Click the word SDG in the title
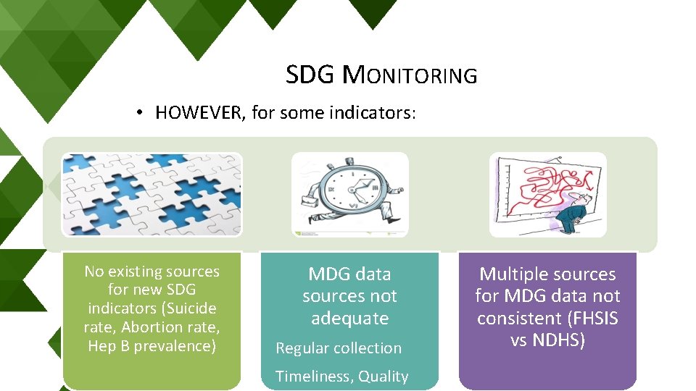click(x=310, y=75)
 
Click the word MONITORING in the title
click(x=410, y=75)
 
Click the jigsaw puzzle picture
click(x=152, y=194)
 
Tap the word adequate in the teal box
click(x=349, y=319)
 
